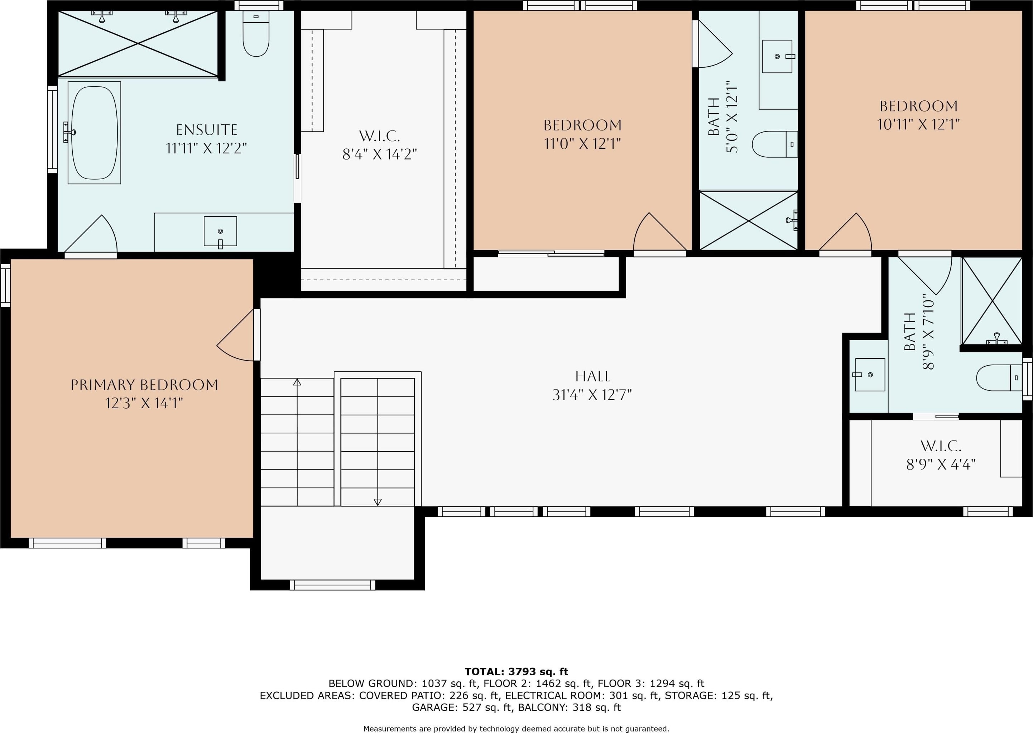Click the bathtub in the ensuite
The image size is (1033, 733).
click(94, 133)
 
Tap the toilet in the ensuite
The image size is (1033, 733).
click(256, 33)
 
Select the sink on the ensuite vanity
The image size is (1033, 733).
click(220, 231)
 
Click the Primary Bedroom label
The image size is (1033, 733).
click(144, 385)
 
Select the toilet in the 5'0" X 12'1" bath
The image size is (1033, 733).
click(774, 144)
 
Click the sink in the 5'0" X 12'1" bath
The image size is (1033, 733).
click(777, 56)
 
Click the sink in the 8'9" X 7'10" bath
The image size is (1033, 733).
click(870, 375)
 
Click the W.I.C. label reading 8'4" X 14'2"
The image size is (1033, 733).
click(379, 145)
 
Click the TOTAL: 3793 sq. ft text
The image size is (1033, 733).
click(516, 672)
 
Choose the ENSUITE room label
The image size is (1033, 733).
click(207, 130)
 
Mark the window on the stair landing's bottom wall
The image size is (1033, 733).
click(332, 585)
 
